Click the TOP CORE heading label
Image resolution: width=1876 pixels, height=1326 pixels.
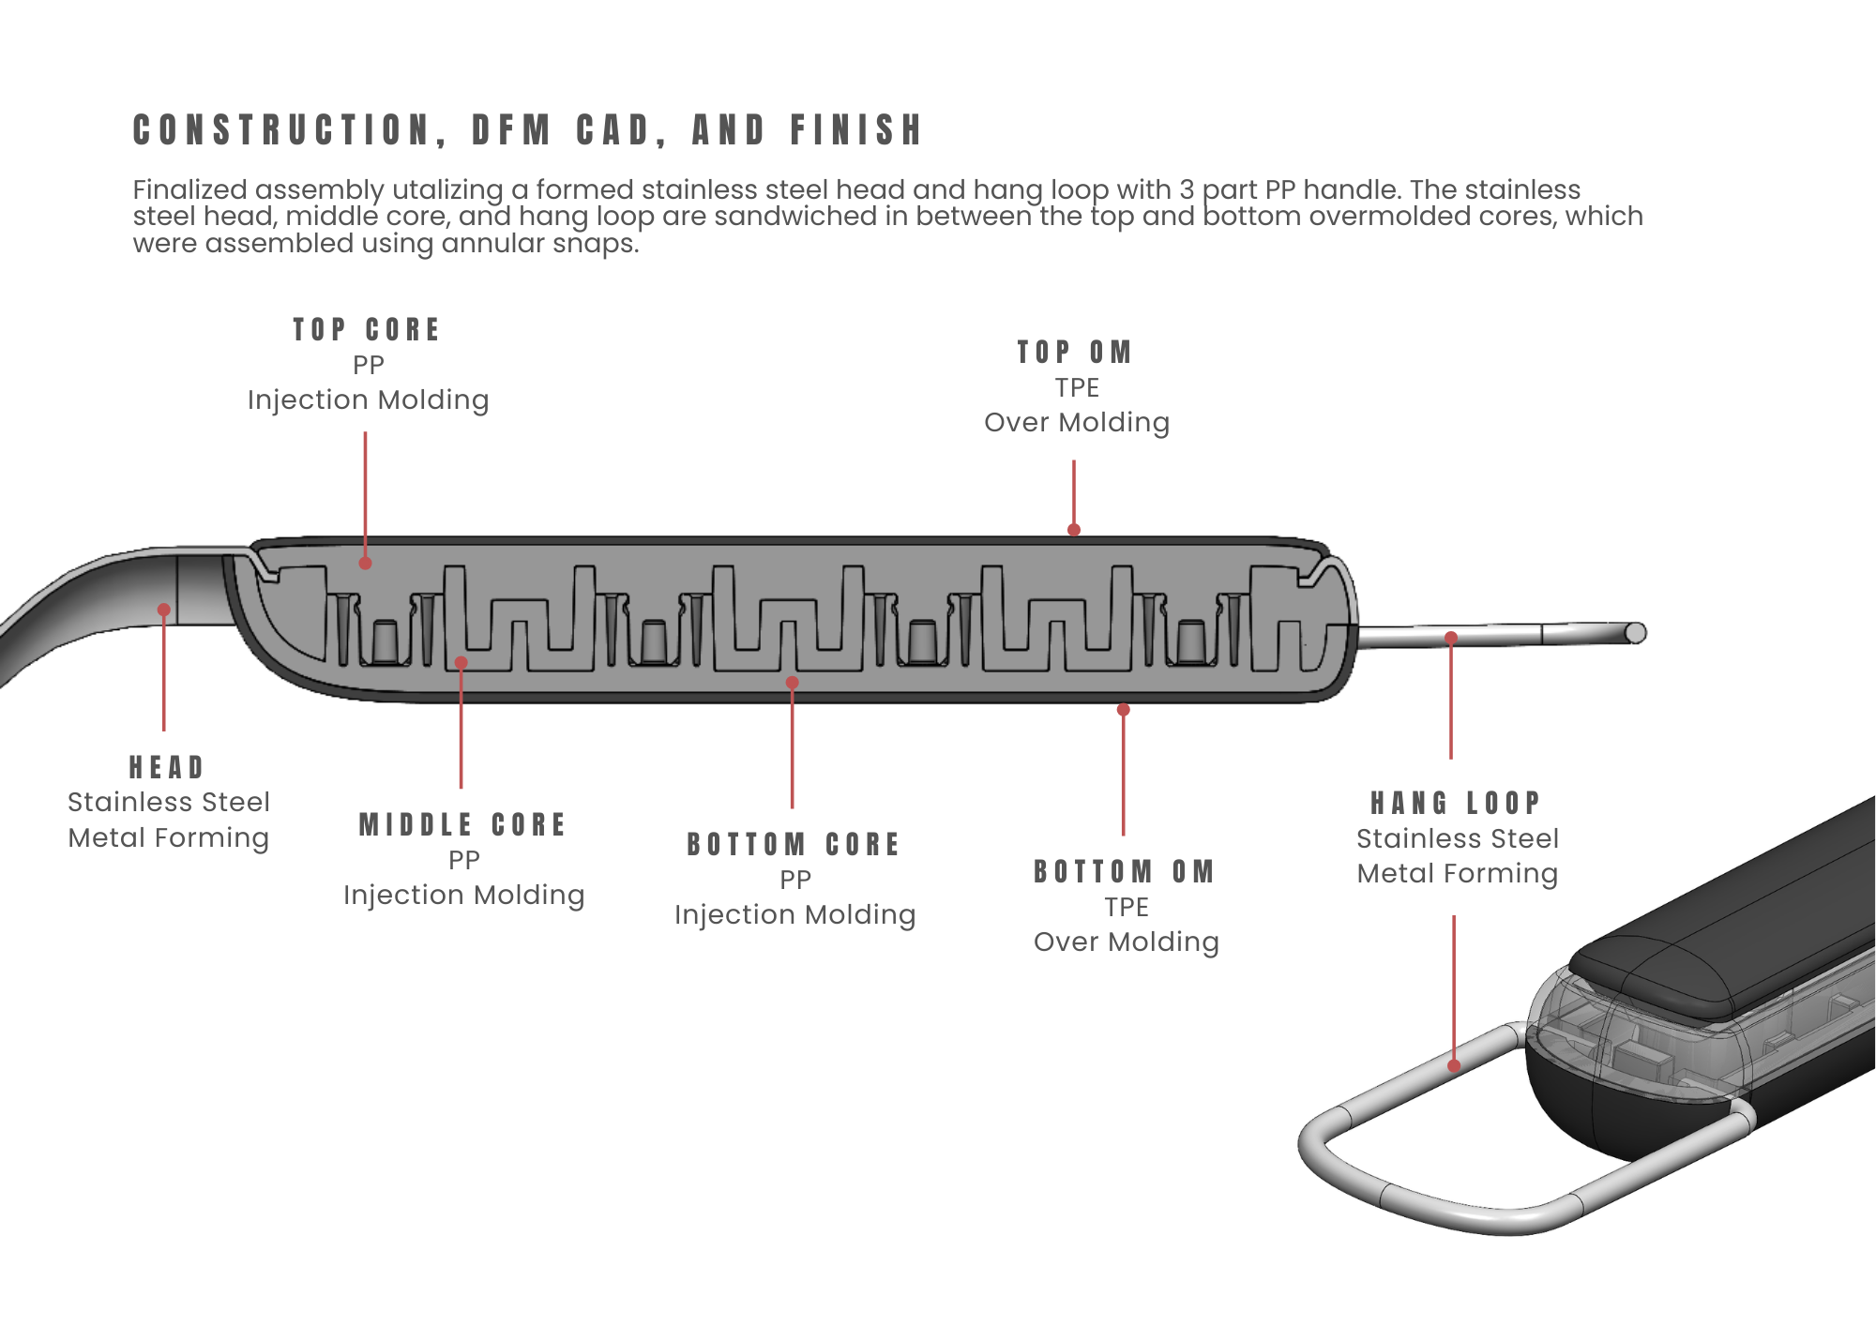pos(367,330)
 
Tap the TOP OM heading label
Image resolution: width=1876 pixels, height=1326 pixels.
pos(1075,353)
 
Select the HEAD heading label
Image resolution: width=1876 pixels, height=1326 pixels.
pos(167,768)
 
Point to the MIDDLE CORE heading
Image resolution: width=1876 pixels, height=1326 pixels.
pos(463,825)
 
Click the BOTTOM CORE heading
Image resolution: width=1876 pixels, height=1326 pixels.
pos(794,845)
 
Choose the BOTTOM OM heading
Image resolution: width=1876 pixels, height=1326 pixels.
pos(1125,872)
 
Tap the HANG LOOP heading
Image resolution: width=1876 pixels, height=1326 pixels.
pos(1456,804)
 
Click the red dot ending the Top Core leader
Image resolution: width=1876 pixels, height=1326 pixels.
pos(366,564)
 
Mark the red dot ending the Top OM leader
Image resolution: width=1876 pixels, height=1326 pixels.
pos(1074,530)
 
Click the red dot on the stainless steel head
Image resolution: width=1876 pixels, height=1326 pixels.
pos(164,610)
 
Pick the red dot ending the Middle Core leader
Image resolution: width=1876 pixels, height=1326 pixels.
pos(461,663)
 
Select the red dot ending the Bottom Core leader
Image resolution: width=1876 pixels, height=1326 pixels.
pos(793,683)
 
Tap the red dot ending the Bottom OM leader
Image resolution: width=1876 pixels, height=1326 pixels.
pos(1124,710)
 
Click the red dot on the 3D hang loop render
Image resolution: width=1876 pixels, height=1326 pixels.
pos(1454,1066)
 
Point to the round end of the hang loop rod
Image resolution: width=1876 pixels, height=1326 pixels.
pos(1636,633)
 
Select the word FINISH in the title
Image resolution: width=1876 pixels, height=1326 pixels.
pos(857,130)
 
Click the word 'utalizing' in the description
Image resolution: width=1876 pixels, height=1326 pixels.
pos(447,190)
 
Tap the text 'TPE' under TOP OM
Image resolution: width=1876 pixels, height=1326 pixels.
pos(1077,388)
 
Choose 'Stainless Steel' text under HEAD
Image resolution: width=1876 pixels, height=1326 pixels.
pos(169,803)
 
